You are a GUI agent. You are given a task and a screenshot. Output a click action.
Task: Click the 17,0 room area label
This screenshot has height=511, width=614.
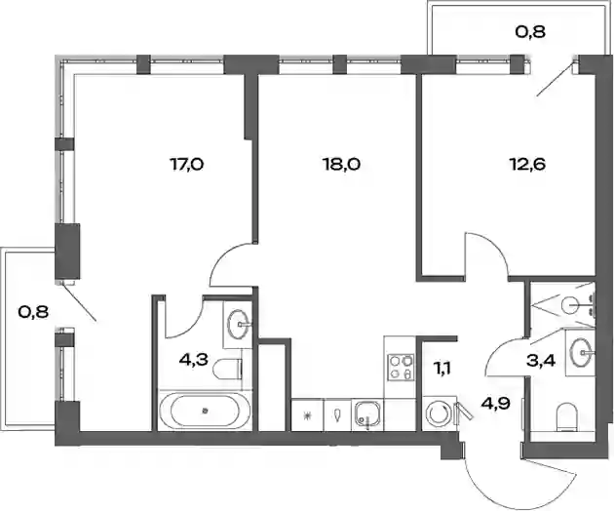click(187, 165)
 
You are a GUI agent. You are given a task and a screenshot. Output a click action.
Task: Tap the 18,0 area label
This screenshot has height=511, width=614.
click(341, 165)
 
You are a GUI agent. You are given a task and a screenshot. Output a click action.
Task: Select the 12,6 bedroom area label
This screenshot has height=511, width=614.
click(527, 165)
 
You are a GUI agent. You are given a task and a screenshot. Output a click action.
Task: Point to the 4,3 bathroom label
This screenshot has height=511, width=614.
click(193, 359)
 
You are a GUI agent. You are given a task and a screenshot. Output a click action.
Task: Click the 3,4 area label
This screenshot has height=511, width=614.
click(541, 361)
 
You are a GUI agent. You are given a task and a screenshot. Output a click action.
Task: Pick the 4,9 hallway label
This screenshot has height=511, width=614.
click(496, 403)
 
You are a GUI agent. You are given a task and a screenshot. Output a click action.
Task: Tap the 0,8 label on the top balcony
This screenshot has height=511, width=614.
click(530, 32)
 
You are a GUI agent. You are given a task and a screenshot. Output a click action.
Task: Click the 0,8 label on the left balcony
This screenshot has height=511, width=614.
click(33, 312)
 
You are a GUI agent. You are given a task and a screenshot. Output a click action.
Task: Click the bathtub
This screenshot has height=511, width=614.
click(205, 411)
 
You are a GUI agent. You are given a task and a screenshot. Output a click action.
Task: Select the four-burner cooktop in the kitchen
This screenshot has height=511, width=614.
click(401, 368)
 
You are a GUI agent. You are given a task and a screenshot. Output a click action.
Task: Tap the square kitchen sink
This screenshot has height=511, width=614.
click(367, 415)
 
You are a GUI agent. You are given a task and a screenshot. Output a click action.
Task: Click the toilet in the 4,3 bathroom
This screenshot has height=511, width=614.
click(228, 370)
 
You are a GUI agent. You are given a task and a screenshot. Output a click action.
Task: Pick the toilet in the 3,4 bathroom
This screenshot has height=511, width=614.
click(566, 417)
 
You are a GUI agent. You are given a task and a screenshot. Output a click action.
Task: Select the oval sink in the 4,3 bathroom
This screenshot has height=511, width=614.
click(238, 324)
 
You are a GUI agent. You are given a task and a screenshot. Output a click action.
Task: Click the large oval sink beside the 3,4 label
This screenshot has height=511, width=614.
click(582, 353)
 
